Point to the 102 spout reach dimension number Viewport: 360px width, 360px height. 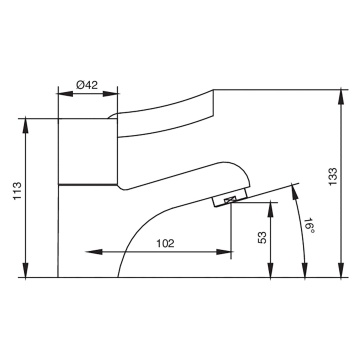click(167, 241)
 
